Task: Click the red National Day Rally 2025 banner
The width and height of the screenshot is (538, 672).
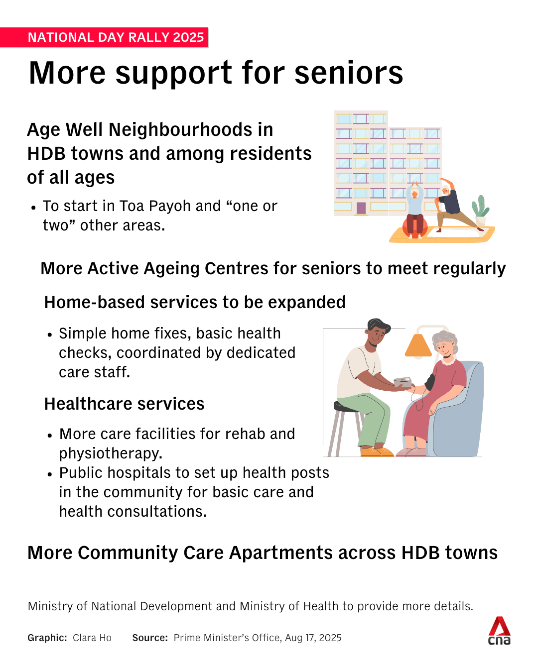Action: (x=104, y=37)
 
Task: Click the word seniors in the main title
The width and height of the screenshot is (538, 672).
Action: (x=349, y=73)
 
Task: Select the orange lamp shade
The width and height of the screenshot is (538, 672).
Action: (x=418, y=345)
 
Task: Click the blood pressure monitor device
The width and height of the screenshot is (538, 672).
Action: (x=403, y=382)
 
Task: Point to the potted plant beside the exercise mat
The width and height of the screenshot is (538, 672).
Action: (x=480, y=210)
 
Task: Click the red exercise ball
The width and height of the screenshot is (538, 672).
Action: (x=414, y=227)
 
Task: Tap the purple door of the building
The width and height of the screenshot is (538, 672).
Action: (x=361, y=208)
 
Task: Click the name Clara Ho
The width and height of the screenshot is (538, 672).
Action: (x=92, y=638)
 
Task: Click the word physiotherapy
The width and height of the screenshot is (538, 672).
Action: (x=111, y=453)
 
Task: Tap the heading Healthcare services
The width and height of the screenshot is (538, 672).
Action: (x=124, y=404)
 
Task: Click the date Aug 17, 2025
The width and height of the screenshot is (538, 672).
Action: (x=313, y=638)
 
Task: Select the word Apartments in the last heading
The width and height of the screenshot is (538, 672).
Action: (x=281, y=553)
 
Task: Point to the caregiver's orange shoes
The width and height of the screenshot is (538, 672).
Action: (x=377, y=451)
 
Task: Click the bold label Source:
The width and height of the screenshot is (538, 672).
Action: (x=150, y=638)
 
